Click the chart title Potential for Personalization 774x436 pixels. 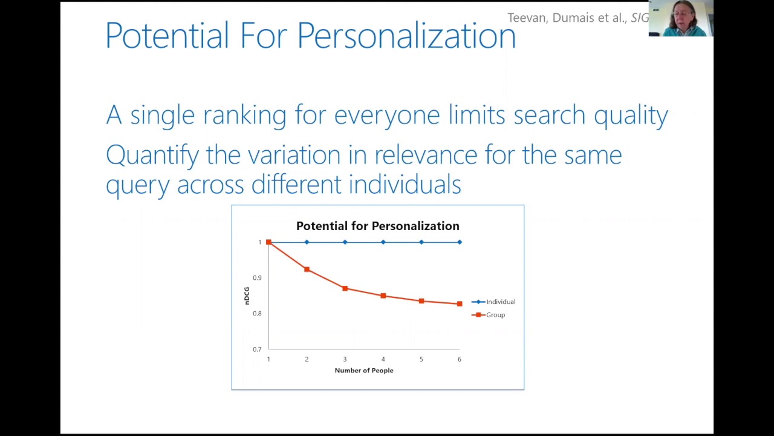tap(377, 226)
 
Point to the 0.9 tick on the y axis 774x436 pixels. tap(258, 278)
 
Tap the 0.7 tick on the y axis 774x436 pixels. tap(258, 349)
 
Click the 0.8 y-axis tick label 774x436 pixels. tap(258, 314)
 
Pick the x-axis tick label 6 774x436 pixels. tap(459, 359)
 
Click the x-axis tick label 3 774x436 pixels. tap(345, 359)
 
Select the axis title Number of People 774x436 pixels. tap(364, 371)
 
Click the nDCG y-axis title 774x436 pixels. tap(247, 296)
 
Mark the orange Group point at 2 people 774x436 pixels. tap(307, 269)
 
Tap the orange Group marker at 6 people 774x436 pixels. tap(460, 304)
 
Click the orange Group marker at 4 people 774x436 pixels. tap(383, 296)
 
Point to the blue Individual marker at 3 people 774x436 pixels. tap(345, 242)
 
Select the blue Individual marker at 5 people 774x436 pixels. tap(421, 242)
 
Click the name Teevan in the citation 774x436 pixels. tap(527, 18)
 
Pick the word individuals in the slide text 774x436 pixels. tap(405, 184)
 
